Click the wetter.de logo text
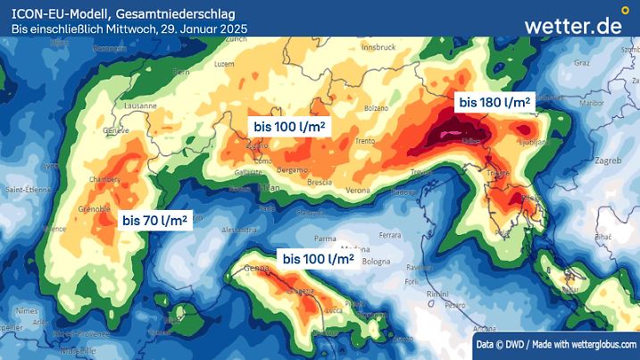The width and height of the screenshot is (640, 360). (x=572, y=25)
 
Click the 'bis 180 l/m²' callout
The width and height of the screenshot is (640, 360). (x=495, y=103)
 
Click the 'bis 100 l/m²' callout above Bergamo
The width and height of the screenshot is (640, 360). (x=288, y=126)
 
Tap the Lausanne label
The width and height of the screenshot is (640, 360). (x=140, y=105)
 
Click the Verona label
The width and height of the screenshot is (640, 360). (x=358, y=190)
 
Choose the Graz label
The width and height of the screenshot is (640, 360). (x=582, y=63)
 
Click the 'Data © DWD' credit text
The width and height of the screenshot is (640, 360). (x=501, y=344)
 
